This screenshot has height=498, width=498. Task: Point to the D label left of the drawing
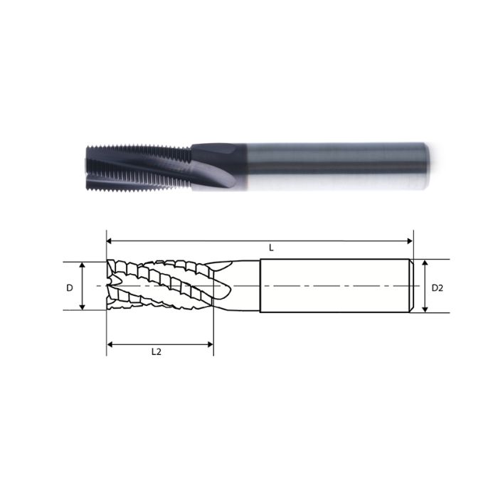(x=70, y=287)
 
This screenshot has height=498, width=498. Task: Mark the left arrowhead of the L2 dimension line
(x=111, y=344)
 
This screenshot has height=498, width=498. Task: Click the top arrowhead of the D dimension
(x=83, y=265)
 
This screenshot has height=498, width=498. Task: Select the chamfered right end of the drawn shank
(x=410, y=286)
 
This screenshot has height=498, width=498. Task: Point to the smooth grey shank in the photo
(x=334, y=165)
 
